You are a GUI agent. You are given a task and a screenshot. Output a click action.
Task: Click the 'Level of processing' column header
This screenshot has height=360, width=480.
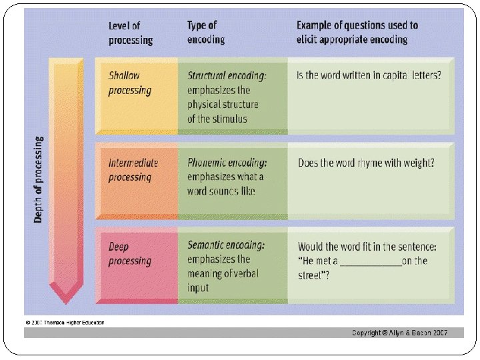tap(131, 33)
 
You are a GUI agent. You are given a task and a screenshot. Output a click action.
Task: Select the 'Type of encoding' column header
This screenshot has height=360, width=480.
tap(206, 32)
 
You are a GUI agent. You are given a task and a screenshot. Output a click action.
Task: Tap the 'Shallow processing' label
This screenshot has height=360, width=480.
tap(130, 83)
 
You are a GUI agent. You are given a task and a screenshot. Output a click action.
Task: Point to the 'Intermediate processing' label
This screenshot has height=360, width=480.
tap(133, 169)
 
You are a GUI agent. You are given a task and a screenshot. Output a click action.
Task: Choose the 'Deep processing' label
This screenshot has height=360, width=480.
tap(129, 253)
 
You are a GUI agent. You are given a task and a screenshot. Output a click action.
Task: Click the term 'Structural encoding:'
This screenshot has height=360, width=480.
tap(227, 75)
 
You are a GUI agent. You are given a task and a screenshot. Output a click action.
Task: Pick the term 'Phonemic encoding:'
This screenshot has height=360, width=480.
tap(227, 162)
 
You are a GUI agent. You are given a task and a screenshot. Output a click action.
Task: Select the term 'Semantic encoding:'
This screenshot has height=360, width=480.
tap(226, 245)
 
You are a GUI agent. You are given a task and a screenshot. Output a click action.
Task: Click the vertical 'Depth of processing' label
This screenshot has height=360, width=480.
tap(38, 179)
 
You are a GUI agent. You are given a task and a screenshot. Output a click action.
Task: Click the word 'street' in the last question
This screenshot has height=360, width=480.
tap(312, 275)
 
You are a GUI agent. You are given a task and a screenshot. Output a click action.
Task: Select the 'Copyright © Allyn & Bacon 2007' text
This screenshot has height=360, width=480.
tap(399, 333)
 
